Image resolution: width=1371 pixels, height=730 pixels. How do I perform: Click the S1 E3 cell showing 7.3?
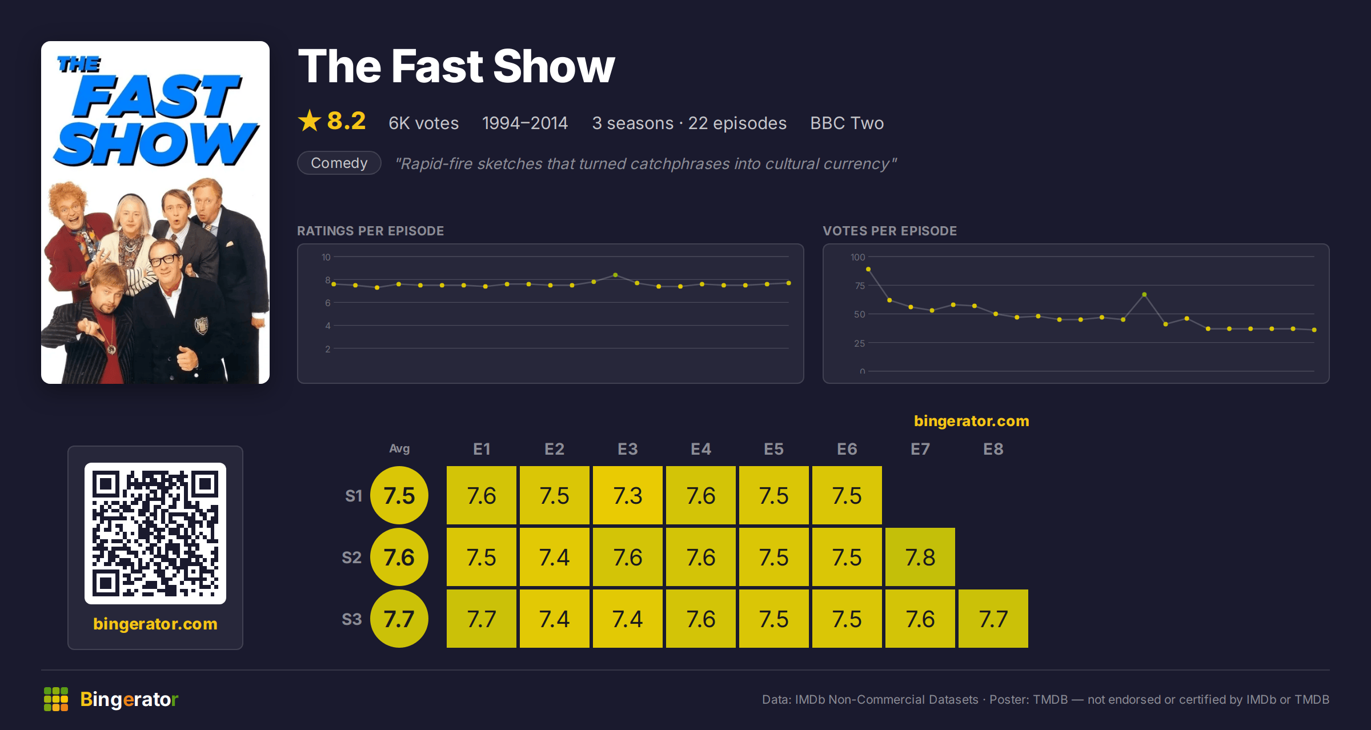[x=627, y=495]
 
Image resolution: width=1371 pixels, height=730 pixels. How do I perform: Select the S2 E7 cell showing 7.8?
[x=920, y=557]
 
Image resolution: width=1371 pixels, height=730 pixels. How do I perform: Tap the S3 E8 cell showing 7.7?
[x=993, y=619]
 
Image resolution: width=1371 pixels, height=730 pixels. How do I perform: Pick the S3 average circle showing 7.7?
[x=399, y=619]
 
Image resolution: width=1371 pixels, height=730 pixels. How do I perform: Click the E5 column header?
[x=773, y=449]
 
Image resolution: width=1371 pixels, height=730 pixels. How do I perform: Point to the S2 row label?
[x=352, y=557]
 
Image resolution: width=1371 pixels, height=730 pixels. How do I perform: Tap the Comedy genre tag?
[x=339, y=163]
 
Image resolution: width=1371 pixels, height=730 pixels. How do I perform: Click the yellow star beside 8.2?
[x=310, y=121]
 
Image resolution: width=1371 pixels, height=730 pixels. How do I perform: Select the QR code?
[x=155, y=534]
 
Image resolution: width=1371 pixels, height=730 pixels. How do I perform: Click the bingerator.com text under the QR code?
[x=155, y=624]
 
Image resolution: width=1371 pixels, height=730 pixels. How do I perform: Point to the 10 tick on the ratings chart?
[x=326, y=257]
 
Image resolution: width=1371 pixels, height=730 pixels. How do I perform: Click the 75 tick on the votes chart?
[x=859, y=286]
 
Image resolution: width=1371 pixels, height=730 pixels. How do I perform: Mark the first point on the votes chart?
[x=868, y=269]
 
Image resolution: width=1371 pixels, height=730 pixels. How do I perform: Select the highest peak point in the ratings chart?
[x=615, y=275]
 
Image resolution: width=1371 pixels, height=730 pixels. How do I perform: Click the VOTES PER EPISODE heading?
[x=889, y=231]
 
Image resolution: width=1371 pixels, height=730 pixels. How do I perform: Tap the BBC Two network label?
[x=847, y=123]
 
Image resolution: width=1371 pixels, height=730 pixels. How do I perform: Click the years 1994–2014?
[x=525, y=123]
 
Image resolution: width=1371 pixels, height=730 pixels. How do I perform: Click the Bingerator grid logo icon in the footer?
[x=56, y=699]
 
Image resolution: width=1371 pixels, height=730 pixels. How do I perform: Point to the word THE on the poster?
[x=79, y=64]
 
